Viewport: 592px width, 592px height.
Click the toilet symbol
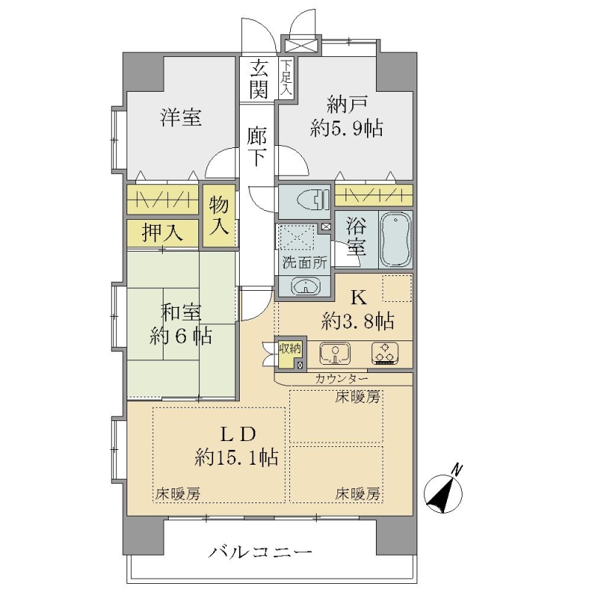coord(313,198)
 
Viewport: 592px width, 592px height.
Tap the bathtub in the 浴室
coord(395,239)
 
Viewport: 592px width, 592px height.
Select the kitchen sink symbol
coord(335,354)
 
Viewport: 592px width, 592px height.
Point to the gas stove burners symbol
coord(386,354)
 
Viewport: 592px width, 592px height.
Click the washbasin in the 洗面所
coord(306,286)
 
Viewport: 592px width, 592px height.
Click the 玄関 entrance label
coord(258,79)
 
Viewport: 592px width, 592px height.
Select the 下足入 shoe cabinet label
coord(286,78)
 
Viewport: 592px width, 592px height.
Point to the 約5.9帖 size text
coord(346,128)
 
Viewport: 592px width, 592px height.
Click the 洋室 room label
coord(181,117)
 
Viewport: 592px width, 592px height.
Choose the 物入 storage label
coord(219,215)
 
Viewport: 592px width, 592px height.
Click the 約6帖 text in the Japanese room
coord(181,335)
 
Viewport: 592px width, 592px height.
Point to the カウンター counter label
coord(341,378)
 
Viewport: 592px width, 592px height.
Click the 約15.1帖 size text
coord(237,457)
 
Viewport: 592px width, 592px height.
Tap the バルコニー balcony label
coord(260,552)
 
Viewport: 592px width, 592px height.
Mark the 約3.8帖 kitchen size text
coord(357,321)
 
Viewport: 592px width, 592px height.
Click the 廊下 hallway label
coord(258,147)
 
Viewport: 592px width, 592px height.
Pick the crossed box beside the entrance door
coord(301,45)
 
